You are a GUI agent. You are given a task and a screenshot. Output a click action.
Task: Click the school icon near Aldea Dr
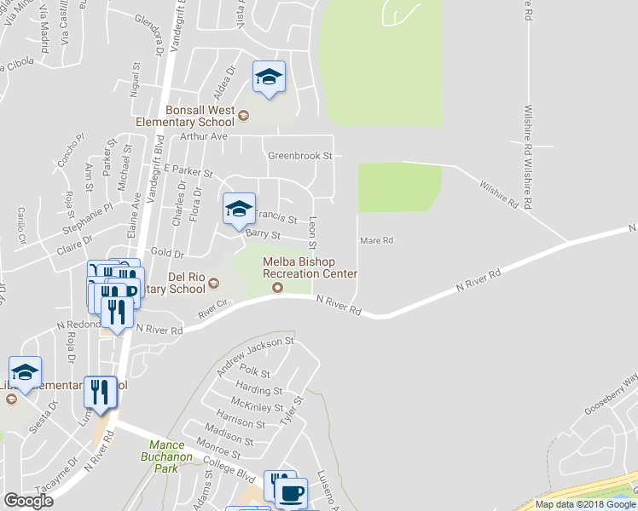269,78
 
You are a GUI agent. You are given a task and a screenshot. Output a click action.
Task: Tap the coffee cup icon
293,492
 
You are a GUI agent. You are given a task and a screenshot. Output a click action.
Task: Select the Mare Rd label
375,240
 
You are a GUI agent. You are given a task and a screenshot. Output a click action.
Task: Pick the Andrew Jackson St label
255,354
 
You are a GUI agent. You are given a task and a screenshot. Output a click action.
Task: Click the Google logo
28,501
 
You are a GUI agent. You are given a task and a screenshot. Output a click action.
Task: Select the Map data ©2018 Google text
584,504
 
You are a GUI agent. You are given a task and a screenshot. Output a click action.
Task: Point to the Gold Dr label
167,254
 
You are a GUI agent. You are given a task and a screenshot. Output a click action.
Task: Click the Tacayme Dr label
61,474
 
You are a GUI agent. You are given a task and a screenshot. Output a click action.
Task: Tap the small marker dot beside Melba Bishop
277,287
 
